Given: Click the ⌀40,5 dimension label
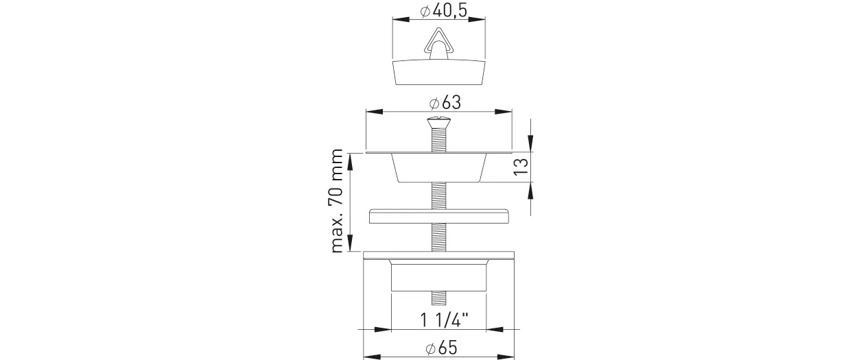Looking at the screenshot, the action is pyautogui.click(x=444, y=11).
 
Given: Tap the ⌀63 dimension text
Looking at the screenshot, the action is pyautogui.click(x=445, y=103).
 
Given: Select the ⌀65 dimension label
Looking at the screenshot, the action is pyautogui.click(x=441, y=348).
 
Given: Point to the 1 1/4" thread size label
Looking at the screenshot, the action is pyautogui.click(x=445, y=320).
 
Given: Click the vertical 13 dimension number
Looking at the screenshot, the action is pyautogui.click(x=521, y=167).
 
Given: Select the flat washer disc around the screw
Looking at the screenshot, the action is pyautogui.click(x=438, y=216).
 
